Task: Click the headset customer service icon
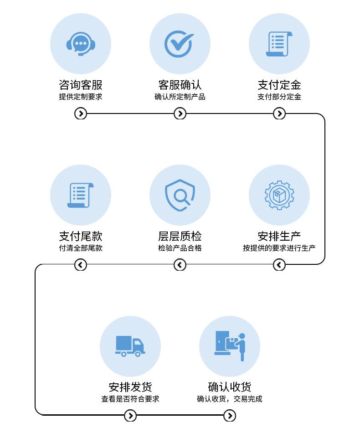coord(81,44)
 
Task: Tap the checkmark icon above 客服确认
coord(180,44)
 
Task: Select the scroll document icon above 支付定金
coord(279,44)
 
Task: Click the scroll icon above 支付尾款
coord(81,195)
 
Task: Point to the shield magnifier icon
coord(180,195)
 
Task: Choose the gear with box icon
coord(279,195)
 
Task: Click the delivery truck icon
coord(130,346)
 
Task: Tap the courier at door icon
coord(230,346)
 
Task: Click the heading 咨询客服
coord(81,85)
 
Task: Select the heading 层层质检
coord(180,236)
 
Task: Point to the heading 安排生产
coord(279,236)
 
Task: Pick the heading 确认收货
coord(230,387)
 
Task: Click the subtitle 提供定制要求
coord(81,97)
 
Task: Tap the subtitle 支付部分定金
coord(279,97)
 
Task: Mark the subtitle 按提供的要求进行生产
coord(279,248)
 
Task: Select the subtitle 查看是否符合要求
coord(130,399)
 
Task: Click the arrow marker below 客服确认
coord(180,113)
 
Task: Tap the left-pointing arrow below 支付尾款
coord(81,264)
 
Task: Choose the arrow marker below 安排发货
coord(130,415)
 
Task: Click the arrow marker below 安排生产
coord(279,264)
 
